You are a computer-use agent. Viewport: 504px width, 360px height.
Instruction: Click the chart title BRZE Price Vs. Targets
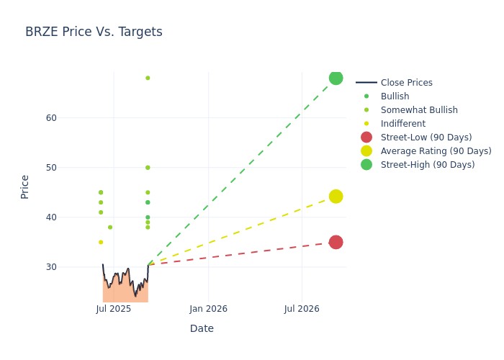[x=94, y=32]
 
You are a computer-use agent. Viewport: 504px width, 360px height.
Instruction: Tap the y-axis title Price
[x=25, y=186]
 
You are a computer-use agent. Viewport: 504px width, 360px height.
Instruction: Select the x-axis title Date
[x=202, y=328]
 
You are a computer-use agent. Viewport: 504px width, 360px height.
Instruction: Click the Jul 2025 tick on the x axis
[x=113, y=309]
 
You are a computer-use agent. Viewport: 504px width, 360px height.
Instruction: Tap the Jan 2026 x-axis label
[x=208, y=309]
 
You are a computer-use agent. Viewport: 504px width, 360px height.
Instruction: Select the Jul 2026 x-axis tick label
[x=302, y=309]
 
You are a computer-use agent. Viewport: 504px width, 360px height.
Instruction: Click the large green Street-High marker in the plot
[x=336, y=78]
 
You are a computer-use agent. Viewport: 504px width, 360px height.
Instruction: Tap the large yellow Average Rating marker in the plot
[x=336, y=197]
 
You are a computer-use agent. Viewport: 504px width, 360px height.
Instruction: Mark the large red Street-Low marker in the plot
[x=336, y=242]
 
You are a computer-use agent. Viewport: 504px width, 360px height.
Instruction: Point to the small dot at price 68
[x=148, y=78]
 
